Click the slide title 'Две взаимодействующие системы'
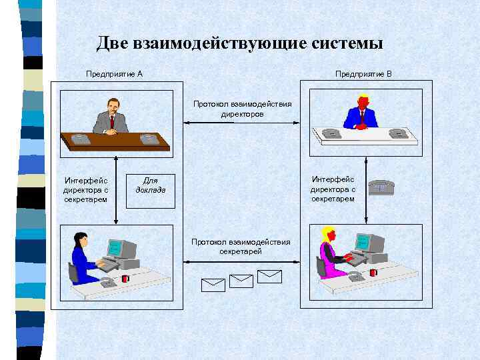pyautogui.click(x=239, y=44)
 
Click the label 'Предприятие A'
pyautogui.click(x=114, y=73)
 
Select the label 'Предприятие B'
pyautogui.click(x=363, y=73)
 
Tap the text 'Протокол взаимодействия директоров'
pyautogui.click(x=242, y=109)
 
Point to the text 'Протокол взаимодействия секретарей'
pyautogui.click(x=241, y=247)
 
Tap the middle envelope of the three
pyautogui.click(x=241, y=281)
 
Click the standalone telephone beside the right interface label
pyautogui.click(x=382, y=187)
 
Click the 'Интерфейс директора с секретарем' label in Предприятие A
pyautogui.click(x=85, y=189)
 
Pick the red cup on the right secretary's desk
pyautogui.click(x=373, y=272)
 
